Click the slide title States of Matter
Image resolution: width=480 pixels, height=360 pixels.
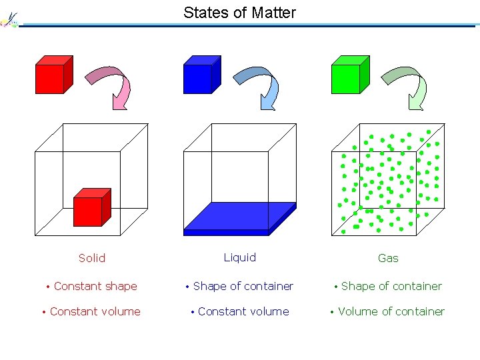pos(239,12)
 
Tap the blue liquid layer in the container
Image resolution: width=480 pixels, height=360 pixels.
pos(239,217)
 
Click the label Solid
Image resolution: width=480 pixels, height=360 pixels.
pos(92,258)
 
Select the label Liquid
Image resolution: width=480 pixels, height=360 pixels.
pos(239,257)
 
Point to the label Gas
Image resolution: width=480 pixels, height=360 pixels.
pos(388,258)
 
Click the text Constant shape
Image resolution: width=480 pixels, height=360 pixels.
pos(95,286)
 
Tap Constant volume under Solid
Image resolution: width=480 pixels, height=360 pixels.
pos(95,311)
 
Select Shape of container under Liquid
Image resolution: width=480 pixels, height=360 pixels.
pos(243,286)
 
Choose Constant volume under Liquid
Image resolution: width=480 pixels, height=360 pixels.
pos(243,311)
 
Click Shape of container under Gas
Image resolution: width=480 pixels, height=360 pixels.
pos(391,286)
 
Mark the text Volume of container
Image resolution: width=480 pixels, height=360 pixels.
pos(391,311)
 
